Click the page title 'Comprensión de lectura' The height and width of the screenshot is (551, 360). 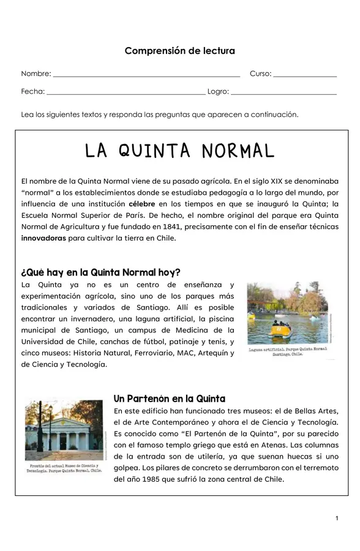click(x=179, y=51)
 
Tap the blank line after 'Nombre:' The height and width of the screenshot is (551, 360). click(x=146, y=75)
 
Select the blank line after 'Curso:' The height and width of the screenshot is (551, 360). click(x=305, y=75)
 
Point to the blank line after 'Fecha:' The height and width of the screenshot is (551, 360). click(x=126, y=93)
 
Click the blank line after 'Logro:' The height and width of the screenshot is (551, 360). click(x=283, y=93)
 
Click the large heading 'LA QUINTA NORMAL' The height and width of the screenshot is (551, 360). click(x=179, y=151)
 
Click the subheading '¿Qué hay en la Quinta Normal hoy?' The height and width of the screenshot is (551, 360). click(x=100, y=272)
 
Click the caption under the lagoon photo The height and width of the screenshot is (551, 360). click(x=288, y=351)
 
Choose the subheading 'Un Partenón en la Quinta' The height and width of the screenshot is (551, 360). click(x=170, y=399)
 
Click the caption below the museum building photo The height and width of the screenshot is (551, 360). click(x=64, y=468)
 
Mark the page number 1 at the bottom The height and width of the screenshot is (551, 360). click(x=337, y=519)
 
